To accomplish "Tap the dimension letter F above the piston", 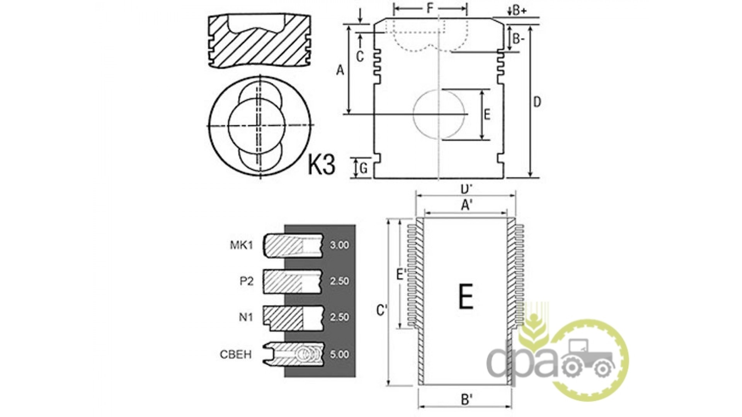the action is coord(430,8).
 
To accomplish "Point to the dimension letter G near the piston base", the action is coord(364,168).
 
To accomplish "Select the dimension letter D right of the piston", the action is coord(537,102).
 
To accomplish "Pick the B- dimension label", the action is coord(518,38).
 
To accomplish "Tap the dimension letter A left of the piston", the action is coord(340,70).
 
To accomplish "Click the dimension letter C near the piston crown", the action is coord(360,57).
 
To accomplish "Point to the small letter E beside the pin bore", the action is coord(487,114).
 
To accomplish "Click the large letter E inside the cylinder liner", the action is coord(466,296).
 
